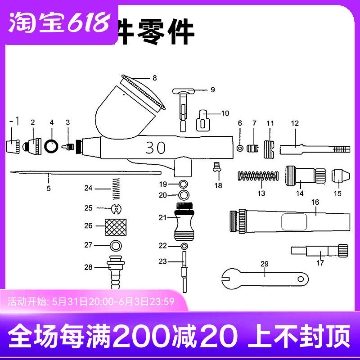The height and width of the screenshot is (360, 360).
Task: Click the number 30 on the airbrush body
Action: pyautogui.click(x=155, y=148)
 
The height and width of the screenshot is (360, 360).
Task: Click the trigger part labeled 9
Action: pyautogui.click(x=184, y=103)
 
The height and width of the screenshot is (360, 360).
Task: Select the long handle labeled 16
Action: pyautogui.click(x=288, y=221)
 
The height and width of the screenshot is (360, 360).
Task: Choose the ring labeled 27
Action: pyautogui.click(x=116, y=246)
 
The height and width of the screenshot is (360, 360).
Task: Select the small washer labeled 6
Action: pyautogui.click(x=240, y=148)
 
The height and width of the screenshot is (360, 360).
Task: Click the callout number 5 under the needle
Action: pyautogui.click(x=48, y=189)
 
